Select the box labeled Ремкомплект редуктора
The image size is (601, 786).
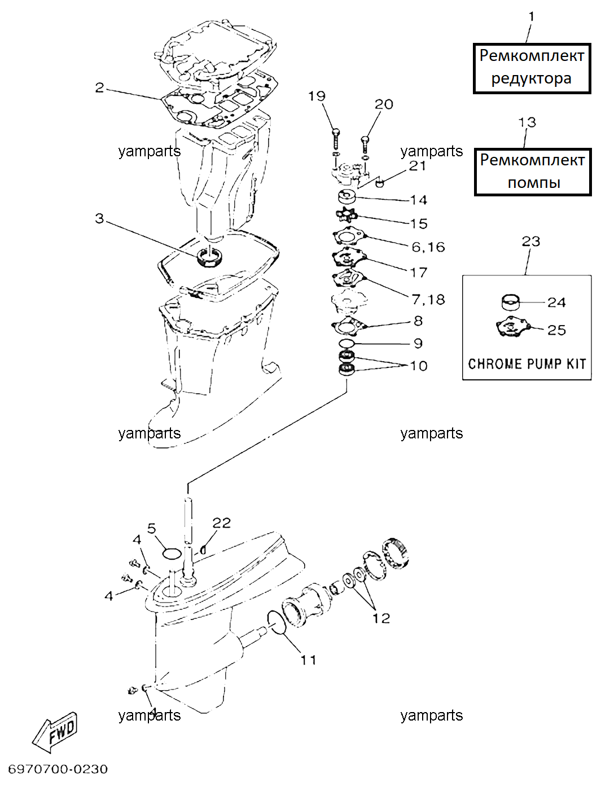coord(532,68)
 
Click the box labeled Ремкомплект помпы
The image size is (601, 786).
coord(533,172)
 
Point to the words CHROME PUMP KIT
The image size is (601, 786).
coord(527,364)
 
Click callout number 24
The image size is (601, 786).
coord(556,302)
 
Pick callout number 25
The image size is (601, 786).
coord(556,330)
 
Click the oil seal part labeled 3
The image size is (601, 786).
coord(210,257)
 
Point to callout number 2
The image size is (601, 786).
coord(99,87)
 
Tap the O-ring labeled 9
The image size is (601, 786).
coord(346,344)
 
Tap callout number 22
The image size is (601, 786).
coord(221,523)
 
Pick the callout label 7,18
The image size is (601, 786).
coord(428,300)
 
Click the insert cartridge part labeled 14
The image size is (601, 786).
coord(346,196)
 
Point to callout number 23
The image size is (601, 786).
coord(530,241)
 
